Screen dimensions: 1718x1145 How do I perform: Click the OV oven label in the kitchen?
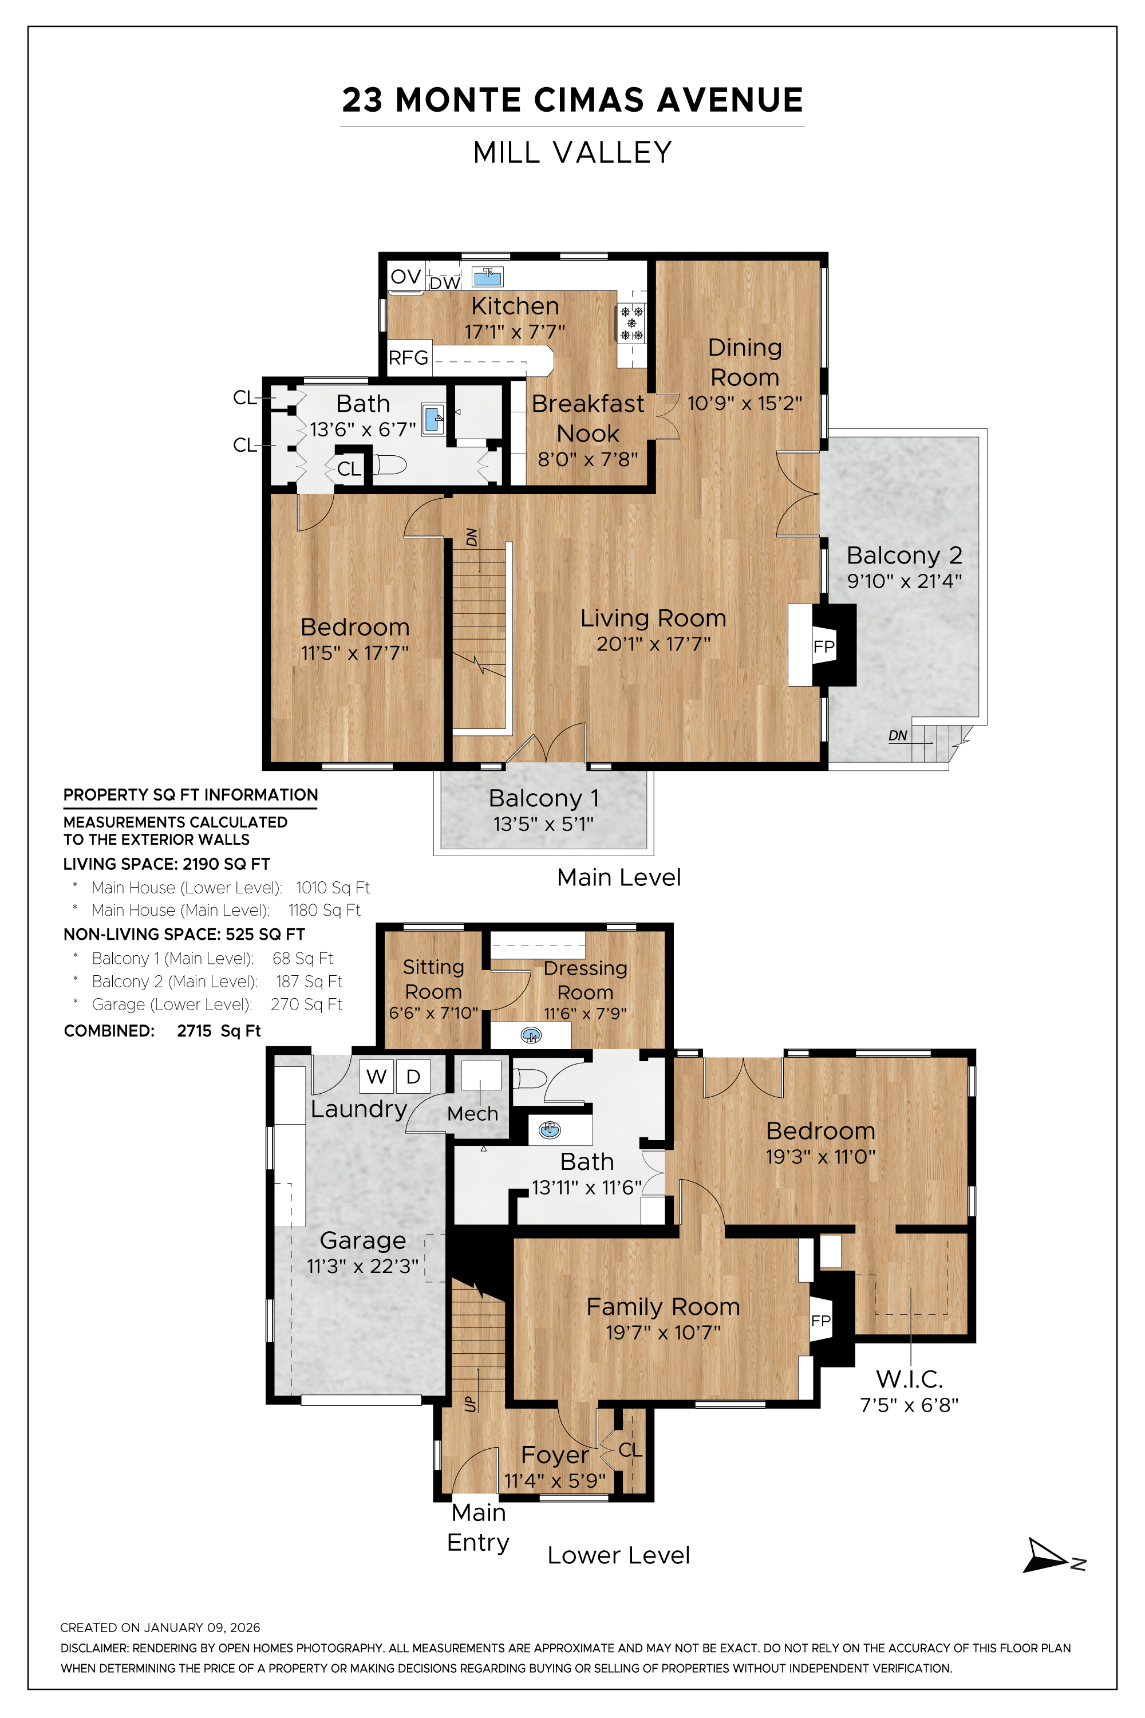(x=405, y=277)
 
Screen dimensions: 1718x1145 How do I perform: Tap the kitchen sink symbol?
(x=487, y=277)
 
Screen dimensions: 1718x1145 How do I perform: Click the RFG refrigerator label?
(x=408, y=358)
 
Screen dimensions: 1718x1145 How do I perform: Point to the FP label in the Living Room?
(x=824, y=647)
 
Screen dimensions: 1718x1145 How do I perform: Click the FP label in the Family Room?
(x=821, y=1321)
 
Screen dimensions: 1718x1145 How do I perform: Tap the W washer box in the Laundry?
(x=377, y=1076)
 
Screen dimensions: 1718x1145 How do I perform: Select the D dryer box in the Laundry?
(x=413, y=1076)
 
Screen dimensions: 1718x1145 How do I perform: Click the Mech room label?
(x=472, y=1114)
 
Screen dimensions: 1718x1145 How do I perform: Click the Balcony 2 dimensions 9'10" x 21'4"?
(x=904, y=581)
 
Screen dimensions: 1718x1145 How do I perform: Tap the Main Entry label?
(x=478, y=1527)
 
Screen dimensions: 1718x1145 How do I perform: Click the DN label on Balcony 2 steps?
(x=898, y=735)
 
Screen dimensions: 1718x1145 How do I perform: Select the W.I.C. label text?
(x=909, y=1379)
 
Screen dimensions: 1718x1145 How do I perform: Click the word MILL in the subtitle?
(x=506, y=153)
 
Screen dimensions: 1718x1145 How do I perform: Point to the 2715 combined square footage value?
(x=194, y=1031)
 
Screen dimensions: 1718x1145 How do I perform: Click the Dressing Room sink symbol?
(x=532, y=1035)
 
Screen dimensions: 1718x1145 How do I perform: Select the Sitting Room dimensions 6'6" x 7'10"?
(x=433, y=1013)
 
